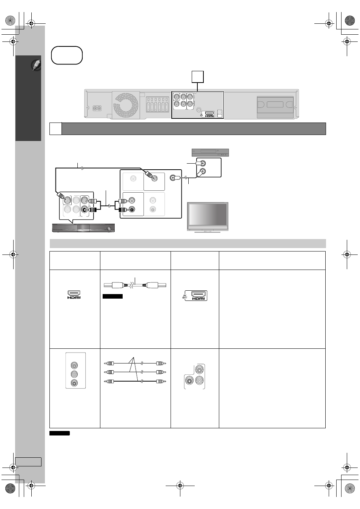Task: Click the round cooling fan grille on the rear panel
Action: [126, 105]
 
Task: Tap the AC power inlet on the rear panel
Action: [97, 108]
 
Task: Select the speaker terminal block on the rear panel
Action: [157, 104]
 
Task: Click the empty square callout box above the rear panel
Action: [197, 77]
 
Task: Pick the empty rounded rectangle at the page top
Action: [67, 55]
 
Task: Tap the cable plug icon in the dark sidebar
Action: [36, 65]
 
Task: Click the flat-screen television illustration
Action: [208, 218]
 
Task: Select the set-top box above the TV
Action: [210, 152]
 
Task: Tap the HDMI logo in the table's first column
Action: [74, 294]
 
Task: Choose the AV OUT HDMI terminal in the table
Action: [195, 296]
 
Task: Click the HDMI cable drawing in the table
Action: [135, 285]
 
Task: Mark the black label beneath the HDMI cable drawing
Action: [112, 296]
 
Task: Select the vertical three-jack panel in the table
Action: [75, 370]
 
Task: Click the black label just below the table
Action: [60, 433]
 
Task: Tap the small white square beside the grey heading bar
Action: [55, 129]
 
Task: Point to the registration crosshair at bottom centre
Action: [180, 486]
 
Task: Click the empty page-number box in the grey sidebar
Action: [28, 462]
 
